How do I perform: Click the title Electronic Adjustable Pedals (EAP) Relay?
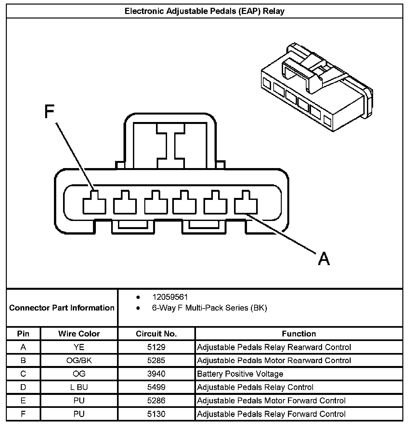pyautogui.click(x=204, y=11)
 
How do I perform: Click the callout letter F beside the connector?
pyautogui.click(x=49, y=112)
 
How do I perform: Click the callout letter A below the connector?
pyautogui.click(x=324, y=258)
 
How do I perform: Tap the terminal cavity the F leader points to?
pyautogui.click(x=94, y=203)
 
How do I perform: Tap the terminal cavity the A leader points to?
pyautogui.click(x=246, y=203)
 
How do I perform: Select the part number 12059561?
pyautogui.click(x=170, y=297)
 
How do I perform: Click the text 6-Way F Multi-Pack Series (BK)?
pyautogui.click(x=209, y=308)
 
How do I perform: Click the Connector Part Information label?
pyautogui.click(x=62, y=308)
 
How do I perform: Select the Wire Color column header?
pyautogui.click(x=79, y=334)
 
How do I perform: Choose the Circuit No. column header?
pyautogui.click(x=156, y=334)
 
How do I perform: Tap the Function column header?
pyautogui.click(x=299, y=334)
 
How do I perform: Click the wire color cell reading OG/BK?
pyautogui.click(x=79, y=360)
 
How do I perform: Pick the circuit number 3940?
pyautogui.click(x=156, y=374)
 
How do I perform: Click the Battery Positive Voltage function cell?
pyautogui.click(x=240, y=374)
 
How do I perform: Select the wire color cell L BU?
pyautogui.click(x=79, y=387)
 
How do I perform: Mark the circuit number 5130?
pyautogui.click(x=156, y=414)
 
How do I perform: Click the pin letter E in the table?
pyautogui.click(x=23, y=400)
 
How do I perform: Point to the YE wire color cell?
pyautogui.click(x=79, y=347)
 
